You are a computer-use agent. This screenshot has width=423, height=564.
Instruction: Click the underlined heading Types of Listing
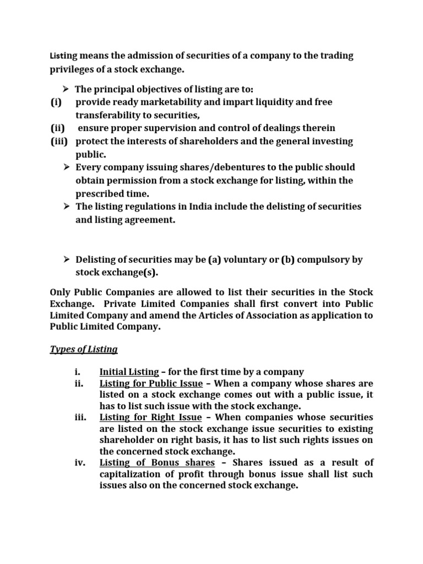[x=84, y=349]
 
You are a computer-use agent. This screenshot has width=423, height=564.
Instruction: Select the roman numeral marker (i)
[x=55, y=102]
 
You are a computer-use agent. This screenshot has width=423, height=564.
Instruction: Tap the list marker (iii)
[x=57, y=142]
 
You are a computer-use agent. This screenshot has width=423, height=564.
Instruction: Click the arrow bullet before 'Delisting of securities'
[x=66, y=259]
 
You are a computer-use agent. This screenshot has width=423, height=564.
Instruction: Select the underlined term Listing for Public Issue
[x=151, y=383]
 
